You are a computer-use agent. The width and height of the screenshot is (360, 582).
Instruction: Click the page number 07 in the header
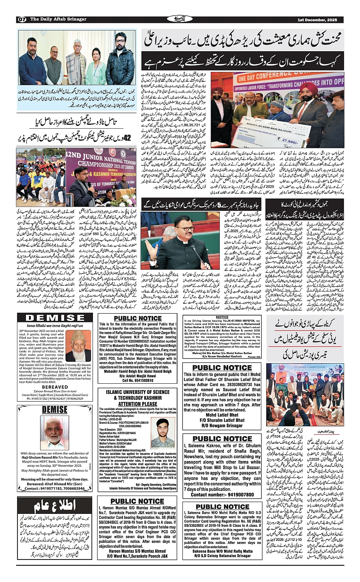[22, 19]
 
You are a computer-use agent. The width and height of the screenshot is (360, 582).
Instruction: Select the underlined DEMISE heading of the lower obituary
[55, 410]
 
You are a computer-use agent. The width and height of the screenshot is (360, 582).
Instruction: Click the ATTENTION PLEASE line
[138, 404]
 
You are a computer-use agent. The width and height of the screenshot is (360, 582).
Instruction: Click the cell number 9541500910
[138, 380]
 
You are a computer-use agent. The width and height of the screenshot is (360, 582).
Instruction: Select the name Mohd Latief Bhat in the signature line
[222, 415]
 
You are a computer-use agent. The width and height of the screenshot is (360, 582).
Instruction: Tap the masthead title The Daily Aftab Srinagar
[58, 19]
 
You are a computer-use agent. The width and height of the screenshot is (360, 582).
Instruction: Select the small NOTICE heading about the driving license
[222, 317]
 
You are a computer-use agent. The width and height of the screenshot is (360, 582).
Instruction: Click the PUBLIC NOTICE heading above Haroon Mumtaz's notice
[137, 502]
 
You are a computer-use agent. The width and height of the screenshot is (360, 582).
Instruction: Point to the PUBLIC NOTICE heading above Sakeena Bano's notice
[222, 507]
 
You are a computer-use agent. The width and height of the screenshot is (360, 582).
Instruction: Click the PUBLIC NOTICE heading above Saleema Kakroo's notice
[222, 438]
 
